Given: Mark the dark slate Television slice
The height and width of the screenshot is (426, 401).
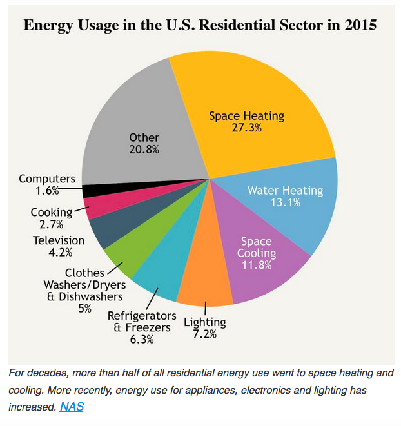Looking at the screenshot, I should point(106,229).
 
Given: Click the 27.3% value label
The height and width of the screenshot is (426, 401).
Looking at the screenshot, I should point(246,128).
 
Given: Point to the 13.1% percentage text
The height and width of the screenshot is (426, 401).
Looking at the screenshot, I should point(285,203).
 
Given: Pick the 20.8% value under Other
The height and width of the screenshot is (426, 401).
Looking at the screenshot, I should point(144,150).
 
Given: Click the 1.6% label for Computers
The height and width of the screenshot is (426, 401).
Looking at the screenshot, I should point(47,191).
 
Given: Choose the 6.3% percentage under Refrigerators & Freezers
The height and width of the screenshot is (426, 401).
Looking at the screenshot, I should point(141,340).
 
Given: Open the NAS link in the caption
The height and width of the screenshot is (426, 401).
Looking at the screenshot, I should point(72,407).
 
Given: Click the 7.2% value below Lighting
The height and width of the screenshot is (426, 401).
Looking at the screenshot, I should point(204,334).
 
